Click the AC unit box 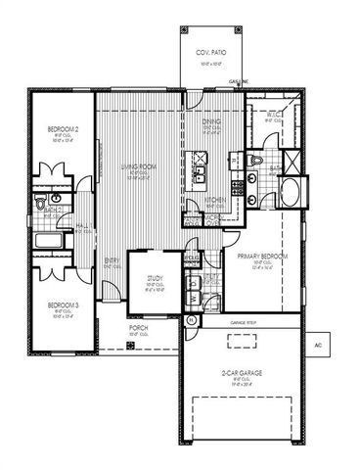pyautogui.click(x=318, y=346)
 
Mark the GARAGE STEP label pyautogui.click(x=244, y=322)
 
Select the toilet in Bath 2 pyautogui.click(x=38, y=200)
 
